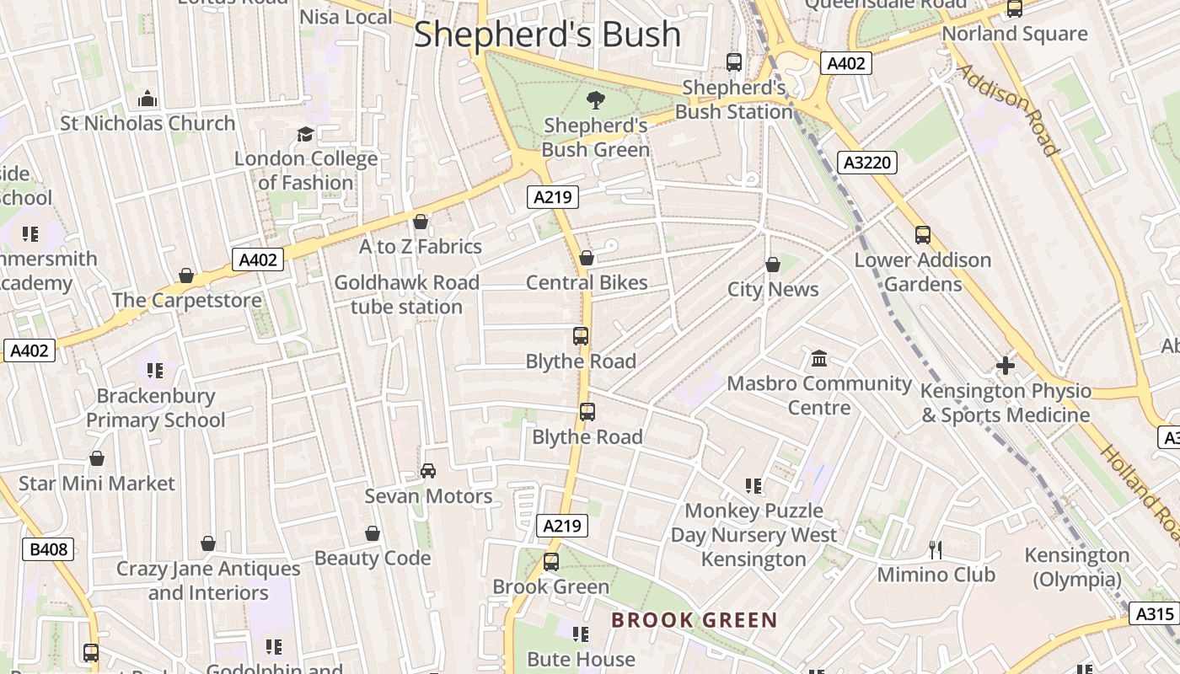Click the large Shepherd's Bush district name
(x=547, y=35)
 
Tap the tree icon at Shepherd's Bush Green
(x=595, y=100)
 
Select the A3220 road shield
(x=866, y=163)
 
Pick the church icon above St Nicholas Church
(x=147, y=99)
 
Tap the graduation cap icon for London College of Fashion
(x=305, y=135)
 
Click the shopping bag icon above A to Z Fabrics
(x=421, y=222)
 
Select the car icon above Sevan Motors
(x=428, y=471)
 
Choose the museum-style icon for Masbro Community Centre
(x=818, y=360)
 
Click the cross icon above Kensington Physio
(x=1005, y=366)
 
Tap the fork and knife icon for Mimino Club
(x=935, y=550)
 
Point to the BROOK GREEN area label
(x=695, y=621)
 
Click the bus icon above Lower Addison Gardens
(x=923, y=235)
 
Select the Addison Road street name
(x=1008, y=110)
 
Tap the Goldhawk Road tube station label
(x=406, y=295)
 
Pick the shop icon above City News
(x=773, y=265)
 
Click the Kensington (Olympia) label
(x=1076, y=567)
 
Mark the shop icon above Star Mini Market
(x=97, y=459)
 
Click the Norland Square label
(x=1014, y=35)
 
